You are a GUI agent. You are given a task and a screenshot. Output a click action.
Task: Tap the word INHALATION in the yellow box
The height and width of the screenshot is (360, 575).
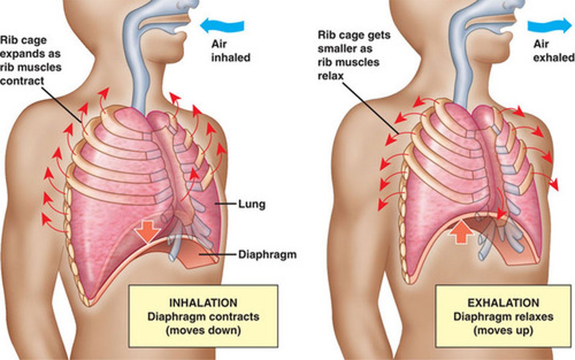tap(203, 303)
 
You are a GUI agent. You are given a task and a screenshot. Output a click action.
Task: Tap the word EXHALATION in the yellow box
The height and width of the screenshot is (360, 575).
tap(503, 303)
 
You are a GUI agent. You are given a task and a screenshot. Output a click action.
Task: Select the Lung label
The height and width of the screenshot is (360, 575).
tap(252, 204)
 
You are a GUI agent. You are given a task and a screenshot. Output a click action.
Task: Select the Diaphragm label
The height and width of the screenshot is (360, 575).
tap(267, 255)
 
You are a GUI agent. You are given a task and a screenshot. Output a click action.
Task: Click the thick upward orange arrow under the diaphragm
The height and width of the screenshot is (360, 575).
tap(460, 232)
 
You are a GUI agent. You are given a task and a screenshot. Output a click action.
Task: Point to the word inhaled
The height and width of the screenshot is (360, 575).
tap(231, 58)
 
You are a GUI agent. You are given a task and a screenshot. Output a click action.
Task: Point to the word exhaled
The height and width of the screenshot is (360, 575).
tap(554, 58)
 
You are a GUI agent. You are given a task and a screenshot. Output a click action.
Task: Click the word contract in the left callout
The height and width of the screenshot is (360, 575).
tap(22, 81)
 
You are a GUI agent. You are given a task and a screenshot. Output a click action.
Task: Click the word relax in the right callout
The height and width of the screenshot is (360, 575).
tap(331, 76)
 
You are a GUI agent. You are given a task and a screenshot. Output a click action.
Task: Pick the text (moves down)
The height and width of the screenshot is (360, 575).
tap(203, 330)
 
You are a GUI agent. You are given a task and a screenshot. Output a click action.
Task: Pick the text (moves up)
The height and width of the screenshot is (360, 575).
tap(503, 330)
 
